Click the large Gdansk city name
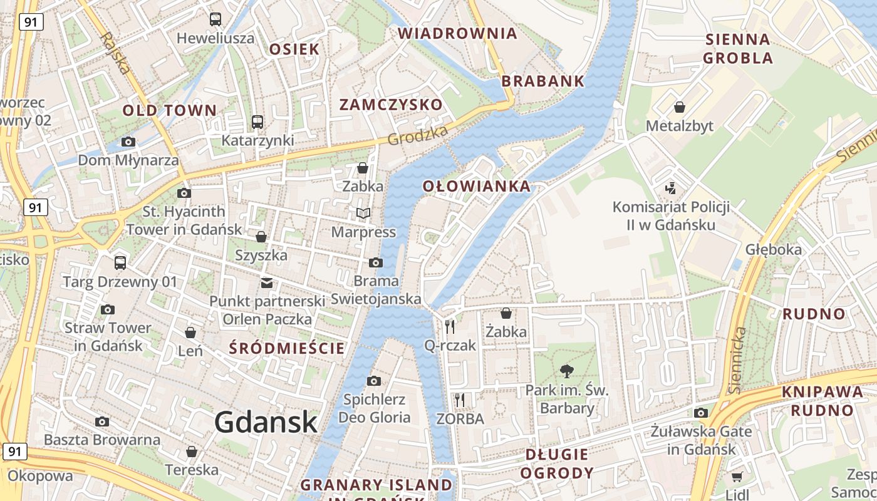[x=266, y=423]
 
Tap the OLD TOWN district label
[x=169, y=111]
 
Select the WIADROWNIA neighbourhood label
[x=458, y=33]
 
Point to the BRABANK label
[x=542, y=81]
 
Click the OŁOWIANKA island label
[x=476, y=186]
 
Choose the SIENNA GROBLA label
[x=738, y=49]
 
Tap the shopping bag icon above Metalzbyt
[x=679, y=107]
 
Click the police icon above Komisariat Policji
[x=671, y=187]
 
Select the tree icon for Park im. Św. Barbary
[x=567, y=371]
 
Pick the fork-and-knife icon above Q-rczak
[x=449, y=326]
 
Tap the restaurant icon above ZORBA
[x=460, y=400]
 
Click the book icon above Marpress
[x=363, y=214]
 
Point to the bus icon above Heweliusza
[x=215, y=19]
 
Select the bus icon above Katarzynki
[x=257, y=121]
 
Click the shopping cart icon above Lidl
[x=737, y=477]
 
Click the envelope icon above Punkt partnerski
[x=267, y=282]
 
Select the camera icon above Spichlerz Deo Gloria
[x=374, y=381]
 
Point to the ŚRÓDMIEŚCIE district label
[x=287, y=348]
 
